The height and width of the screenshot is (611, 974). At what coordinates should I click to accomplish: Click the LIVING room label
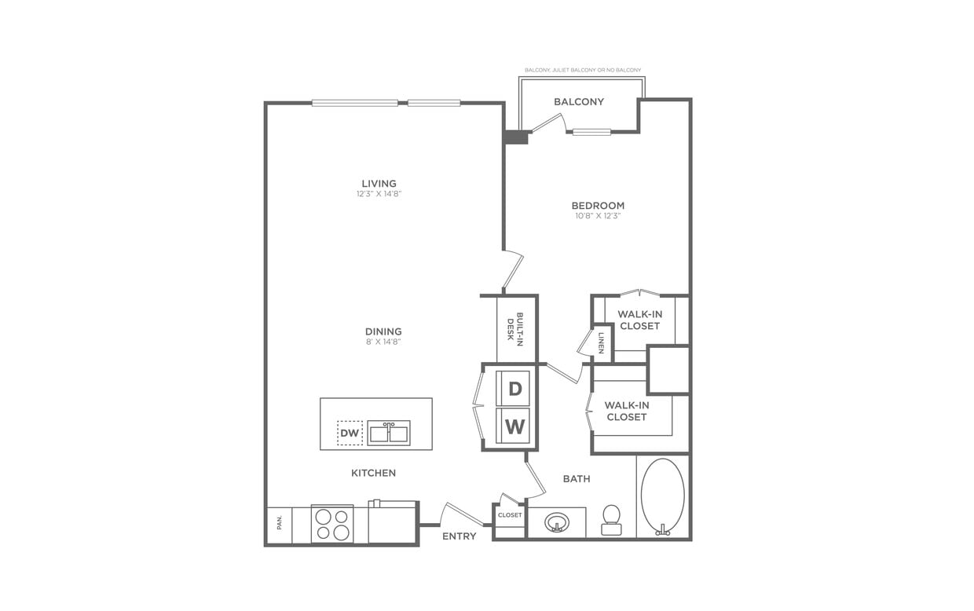[379, 184]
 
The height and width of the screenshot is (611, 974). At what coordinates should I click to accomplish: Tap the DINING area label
[383, 331]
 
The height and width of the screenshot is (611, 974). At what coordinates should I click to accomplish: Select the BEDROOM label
[598, 206]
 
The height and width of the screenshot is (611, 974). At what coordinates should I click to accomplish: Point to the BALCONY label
[579, 101]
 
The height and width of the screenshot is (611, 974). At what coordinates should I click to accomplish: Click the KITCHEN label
[373, 473]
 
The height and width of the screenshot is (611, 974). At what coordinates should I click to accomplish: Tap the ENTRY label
[459, 536]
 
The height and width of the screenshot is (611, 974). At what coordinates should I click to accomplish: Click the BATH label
[577, 478]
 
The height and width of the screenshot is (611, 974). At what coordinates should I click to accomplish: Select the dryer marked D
[514, 388]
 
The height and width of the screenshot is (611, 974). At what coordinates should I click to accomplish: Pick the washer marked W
[514, 427]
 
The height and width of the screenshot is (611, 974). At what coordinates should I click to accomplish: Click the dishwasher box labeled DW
[350, 433]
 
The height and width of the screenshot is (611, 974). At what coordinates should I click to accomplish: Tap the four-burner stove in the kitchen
[332, 524]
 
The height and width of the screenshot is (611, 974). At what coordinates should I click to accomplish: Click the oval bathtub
[662, 496]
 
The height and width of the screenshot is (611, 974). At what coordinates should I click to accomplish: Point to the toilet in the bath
[611, 518]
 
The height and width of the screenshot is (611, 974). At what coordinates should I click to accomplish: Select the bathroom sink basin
[557, 522]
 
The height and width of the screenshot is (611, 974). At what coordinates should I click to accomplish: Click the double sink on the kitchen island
[389, 433]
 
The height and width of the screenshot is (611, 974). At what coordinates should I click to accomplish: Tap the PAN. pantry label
[279, 522]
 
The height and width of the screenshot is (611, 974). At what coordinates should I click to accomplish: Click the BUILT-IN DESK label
[514, 327]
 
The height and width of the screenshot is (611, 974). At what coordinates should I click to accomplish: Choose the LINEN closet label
[601, 343]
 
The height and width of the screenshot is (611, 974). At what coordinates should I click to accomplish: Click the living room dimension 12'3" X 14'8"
[379, 194]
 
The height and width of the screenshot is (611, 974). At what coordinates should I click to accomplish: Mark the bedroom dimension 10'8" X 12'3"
[598, 216]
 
